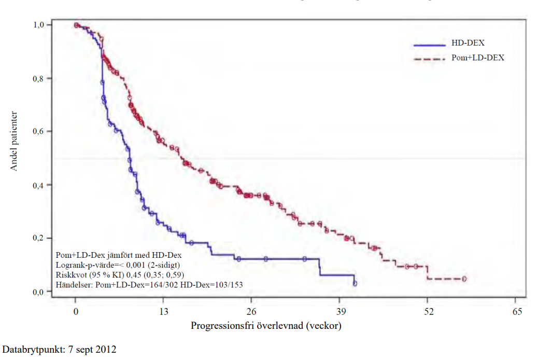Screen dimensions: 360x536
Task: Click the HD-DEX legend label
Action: [468, 43]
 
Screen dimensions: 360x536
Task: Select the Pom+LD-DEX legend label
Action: [477, 58]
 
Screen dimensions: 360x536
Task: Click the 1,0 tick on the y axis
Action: [41, 25]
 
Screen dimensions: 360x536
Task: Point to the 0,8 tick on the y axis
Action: [41, 78]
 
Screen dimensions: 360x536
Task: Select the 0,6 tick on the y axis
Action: [41, 132]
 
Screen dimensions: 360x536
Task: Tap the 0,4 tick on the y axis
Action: [41, 185]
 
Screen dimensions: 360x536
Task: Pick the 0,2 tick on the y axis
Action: [41, 239]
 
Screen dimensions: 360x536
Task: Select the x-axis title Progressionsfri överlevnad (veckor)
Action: [266, 326]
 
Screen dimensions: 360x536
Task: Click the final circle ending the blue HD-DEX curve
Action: [355, 283]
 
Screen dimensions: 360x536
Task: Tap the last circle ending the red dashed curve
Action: [464, 279]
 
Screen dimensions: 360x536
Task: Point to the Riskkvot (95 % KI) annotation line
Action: [120, 274]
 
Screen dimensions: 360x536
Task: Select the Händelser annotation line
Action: [149, 284]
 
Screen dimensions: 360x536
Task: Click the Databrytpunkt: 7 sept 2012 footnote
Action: [60, 349]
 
